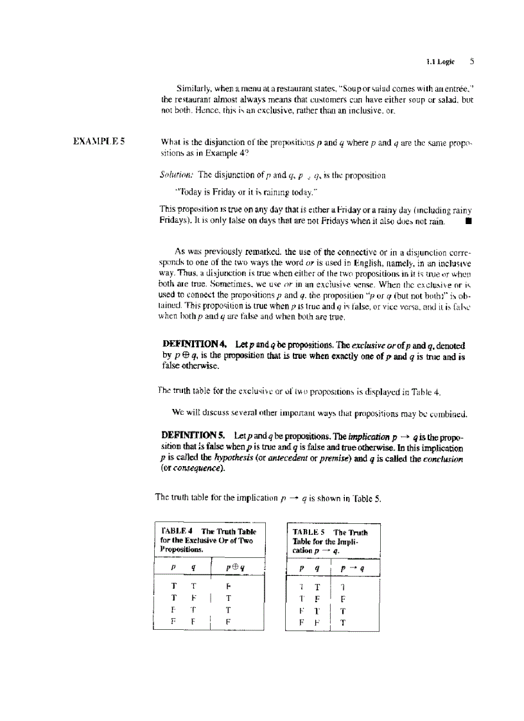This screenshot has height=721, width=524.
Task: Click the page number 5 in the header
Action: point(471,62)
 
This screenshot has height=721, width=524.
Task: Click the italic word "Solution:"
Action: point(177,174)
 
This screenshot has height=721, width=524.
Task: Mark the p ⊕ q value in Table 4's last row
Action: point(228,621)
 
